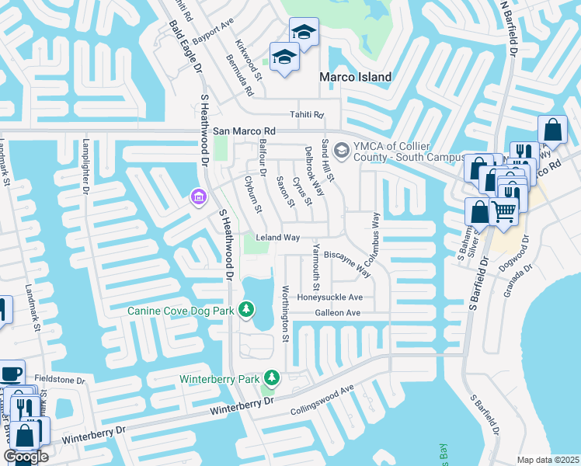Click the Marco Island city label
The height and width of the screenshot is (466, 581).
pyautogui.click(x=357, y=77)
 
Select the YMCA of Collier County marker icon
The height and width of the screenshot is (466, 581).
pyautogui.click(x=340, y=149)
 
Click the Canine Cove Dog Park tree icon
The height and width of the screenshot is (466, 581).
pyautogui.click(x=246, y=311)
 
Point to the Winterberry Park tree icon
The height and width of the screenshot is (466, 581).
pyautogui.click(x=271, y=378)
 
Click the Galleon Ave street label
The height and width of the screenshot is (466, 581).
pyautogui.click(x=338, y=313)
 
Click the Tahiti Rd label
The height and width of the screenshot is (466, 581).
pyautogui.click(x=306, y=113)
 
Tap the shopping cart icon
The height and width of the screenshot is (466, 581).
pyautogui.click(x=504, y=209)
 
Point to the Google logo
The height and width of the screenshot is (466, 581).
pyautogui.click(x=26, y=457)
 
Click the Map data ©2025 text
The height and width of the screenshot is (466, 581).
pyautogui.click(x=548, y=460)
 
